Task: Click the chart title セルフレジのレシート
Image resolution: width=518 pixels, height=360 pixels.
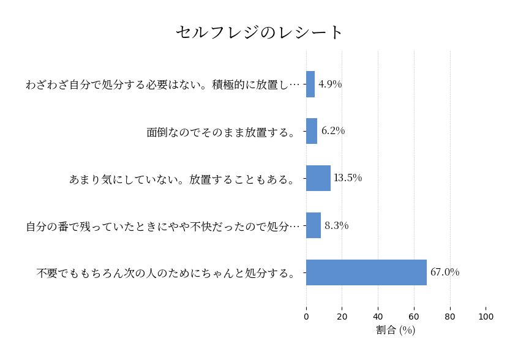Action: [260, 32]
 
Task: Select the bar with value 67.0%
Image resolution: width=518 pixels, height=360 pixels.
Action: [366, 272]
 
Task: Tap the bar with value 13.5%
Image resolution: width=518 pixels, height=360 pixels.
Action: [318, 178]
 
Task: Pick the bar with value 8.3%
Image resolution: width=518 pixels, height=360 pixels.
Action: [313, 225]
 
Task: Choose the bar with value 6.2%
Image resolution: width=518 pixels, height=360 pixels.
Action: [312, 131]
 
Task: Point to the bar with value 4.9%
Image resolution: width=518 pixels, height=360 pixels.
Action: [310, 84]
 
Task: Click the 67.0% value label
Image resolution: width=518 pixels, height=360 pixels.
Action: [445, 272]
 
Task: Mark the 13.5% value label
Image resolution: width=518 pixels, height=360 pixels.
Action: [347, 178]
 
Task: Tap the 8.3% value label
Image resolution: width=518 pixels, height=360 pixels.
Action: [336, 225]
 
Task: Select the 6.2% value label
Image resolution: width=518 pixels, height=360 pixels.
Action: [333, 131]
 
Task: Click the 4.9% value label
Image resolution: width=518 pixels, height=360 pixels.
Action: [330, 84]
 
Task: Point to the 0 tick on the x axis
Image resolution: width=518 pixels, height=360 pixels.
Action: [306, 317]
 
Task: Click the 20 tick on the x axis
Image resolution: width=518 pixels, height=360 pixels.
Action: [342, 317]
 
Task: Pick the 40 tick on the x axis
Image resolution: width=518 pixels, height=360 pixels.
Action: [378, 317]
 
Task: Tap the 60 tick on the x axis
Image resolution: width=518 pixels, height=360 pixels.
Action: [414, 317]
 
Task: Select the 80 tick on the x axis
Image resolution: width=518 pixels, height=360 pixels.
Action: [450, 317]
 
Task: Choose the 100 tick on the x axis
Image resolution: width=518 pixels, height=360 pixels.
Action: [486, 317]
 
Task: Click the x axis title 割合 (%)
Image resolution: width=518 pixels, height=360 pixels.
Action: [396, 331]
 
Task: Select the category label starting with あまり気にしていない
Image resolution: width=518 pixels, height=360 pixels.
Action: [183, 179]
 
